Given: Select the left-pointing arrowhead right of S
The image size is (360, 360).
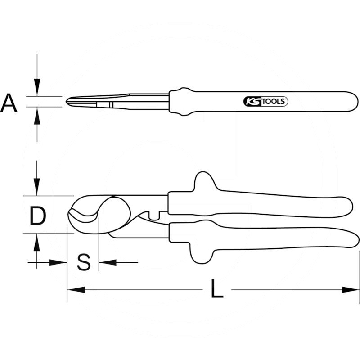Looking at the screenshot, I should point(105,262).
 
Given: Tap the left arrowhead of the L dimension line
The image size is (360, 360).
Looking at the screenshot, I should point(74,290).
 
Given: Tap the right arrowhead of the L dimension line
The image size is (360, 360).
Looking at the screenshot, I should point(353,290).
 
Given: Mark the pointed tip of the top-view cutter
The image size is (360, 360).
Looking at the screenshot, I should point(67,101).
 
